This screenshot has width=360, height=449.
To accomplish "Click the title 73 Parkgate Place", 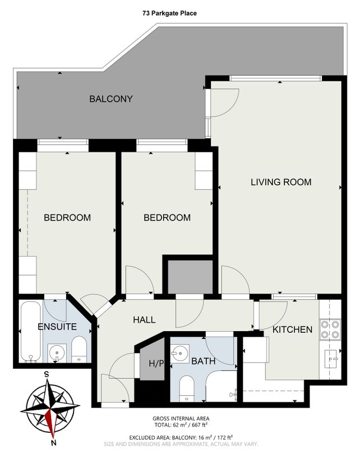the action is [169, 13].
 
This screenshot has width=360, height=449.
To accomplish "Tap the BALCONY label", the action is [111, 99].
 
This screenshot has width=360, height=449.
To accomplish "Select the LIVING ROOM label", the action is [281, 182].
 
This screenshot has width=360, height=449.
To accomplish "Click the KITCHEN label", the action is [292, 329].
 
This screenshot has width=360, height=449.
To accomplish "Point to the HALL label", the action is [144, 320].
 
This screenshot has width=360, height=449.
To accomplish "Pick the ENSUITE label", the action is [57, 327].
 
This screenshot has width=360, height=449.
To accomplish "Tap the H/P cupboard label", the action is [156, 363].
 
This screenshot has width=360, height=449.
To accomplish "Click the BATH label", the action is [203, 361].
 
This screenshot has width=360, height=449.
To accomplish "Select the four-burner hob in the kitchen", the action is [330, 329].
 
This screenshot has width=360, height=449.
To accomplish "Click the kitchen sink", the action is [332, 359].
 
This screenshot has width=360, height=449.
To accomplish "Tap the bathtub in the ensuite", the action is [31, 332].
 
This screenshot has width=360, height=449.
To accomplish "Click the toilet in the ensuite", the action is [79, 350].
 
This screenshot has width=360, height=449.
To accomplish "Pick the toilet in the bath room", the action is [187, 388].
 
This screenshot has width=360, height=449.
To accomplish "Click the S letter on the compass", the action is [46, 374].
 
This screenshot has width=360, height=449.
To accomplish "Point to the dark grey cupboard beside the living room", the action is [190, 277].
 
